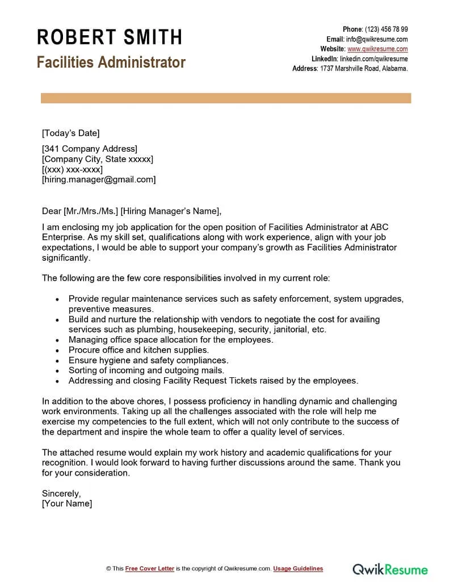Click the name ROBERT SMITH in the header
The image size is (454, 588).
click(x=110, y=37)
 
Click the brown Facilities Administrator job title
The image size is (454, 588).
click(x=111, y=62)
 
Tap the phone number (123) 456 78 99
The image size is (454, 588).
click(x=386, y=30)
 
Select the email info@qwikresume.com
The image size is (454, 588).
click(x=377, y=39)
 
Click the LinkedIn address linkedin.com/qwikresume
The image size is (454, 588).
click(x=373, y=59)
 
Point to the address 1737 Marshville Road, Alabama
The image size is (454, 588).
click(x=364, y=68)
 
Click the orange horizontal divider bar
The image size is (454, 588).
click(x=226, y=99)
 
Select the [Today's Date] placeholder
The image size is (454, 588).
click(x=70, y=133)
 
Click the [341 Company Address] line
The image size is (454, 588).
click(x=90, y=149)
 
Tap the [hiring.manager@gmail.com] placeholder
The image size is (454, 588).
click(x=99, y=180)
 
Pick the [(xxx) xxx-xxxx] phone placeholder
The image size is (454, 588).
click(x=72, y=169)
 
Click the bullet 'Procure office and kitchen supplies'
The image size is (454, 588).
click(x=138, y=350)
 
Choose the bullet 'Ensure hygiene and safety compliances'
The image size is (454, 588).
click(x=148, y=360)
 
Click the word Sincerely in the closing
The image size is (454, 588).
click(x=61, y=493)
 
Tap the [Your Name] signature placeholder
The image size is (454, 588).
click(x=67, y=503)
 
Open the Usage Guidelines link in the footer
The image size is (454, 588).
click(x=298, y=569)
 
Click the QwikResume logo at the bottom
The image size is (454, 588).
click(x=390, y=569)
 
